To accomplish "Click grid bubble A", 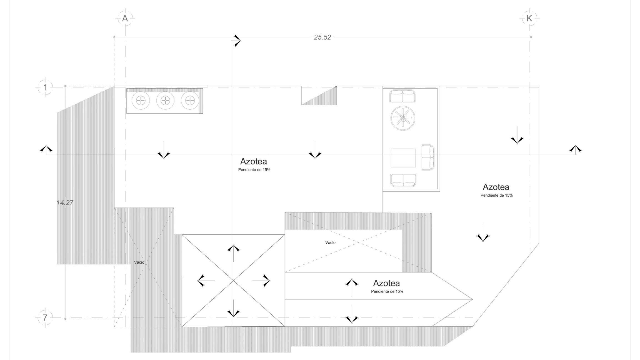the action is [x=125, y=18].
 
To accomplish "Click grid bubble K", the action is [x=529, y=18].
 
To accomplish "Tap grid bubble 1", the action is [x=45, y=87].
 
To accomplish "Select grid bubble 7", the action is [x=45, y=317].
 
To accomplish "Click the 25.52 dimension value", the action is [x=322, y=37].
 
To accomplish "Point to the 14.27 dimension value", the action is [x=65, y=202].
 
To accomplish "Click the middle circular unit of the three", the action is [x=165, y=100].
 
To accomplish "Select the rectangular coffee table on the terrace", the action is [x=403, y=158].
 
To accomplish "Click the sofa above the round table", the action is [x=402, y=96].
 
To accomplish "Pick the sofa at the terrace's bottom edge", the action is [x=403, y=181].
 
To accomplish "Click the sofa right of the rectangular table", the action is [x=427, y=157].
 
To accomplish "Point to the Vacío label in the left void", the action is [x=139, y=262].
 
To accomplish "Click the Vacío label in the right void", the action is [x=330, y=242].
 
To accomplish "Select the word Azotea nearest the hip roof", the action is [x=386, y=283].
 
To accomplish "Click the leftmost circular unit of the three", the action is [x=141, y=100].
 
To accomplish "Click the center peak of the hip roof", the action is [x=233, y=281].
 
